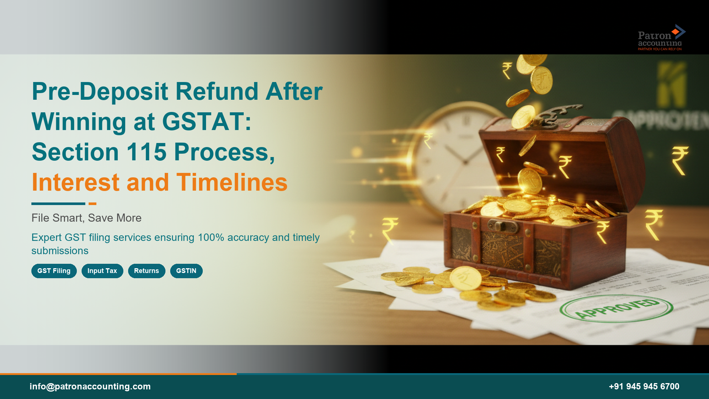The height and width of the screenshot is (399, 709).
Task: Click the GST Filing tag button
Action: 54,271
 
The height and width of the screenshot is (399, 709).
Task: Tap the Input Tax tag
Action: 102,271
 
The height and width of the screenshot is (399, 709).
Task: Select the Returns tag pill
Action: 147,271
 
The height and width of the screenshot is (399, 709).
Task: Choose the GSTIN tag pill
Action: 186,271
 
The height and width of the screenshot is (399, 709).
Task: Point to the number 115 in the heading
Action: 147,152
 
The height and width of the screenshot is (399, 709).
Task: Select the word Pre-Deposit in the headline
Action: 100,91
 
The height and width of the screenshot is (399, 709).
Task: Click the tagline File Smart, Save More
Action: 86,218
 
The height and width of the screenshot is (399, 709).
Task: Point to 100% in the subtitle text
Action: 211,237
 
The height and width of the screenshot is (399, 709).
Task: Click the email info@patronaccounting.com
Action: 90,386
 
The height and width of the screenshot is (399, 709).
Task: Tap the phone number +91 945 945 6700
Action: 644,386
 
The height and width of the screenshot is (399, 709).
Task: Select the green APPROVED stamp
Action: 616,308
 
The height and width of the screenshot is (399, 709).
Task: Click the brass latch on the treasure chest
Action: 502,225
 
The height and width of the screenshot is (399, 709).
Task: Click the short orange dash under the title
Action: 92,204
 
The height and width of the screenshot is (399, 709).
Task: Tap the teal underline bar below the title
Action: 58,204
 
